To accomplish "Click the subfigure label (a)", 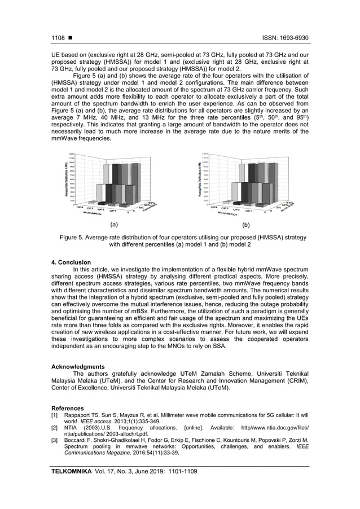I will (115, 224).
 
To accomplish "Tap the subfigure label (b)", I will (245, 224).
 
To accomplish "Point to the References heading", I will (68, 408).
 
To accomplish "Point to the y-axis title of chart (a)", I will (66, 179).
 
